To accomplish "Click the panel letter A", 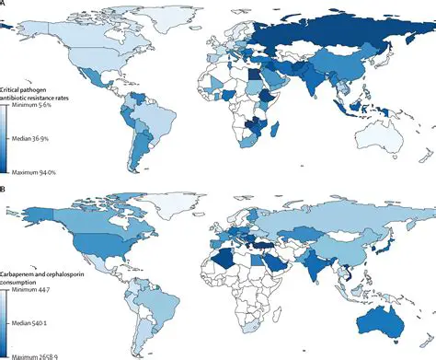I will [x=6, y=6].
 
